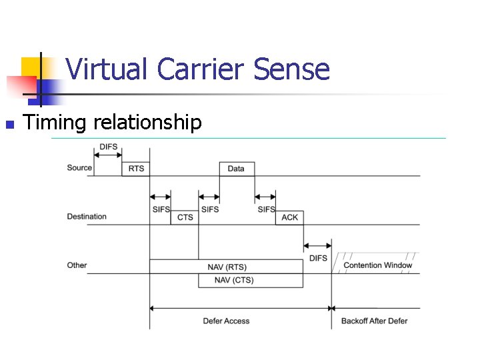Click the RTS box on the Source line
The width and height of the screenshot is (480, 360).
[x=136, y=169]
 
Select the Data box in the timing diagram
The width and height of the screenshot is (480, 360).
[x=236, y=169]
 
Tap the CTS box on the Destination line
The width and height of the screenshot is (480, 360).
[x=185, y=217]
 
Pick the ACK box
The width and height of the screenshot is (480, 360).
[x=290, y=217]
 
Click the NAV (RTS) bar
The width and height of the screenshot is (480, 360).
[x=227, y=267]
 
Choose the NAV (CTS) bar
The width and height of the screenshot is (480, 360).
[x=234, y=280]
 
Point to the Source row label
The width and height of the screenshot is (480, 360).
[x=79, y=167]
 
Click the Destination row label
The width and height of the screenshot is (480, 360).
[x=87, y=217]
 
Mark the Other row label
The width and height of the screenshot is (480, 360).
[x=77, y=265]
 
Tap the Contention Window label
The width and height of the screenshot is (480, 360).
[x=377, y=265]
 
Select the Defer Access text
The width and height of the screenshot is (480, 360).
[x=226, y=321]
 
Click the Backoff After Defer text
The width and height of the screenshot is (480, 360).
[x=374, y=321]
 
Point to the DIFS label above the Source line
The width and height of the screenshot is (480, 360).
[x=109, y=147]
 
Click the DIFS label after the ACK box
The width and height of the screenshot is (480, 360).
[x=319, y=258]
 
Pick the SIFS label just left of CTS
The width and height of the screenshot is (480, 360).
[x=161, y=209]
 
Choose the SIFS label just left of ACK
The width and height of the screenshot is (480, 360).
[x=266, y=209]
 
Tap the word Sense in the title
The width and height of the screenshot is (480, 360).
[x=295, y=69]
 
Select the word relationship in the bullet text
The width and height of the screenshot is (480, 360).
[x=148, y=123]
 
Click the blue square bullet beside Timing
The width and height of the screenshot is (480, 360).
[x=9, y=124]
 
